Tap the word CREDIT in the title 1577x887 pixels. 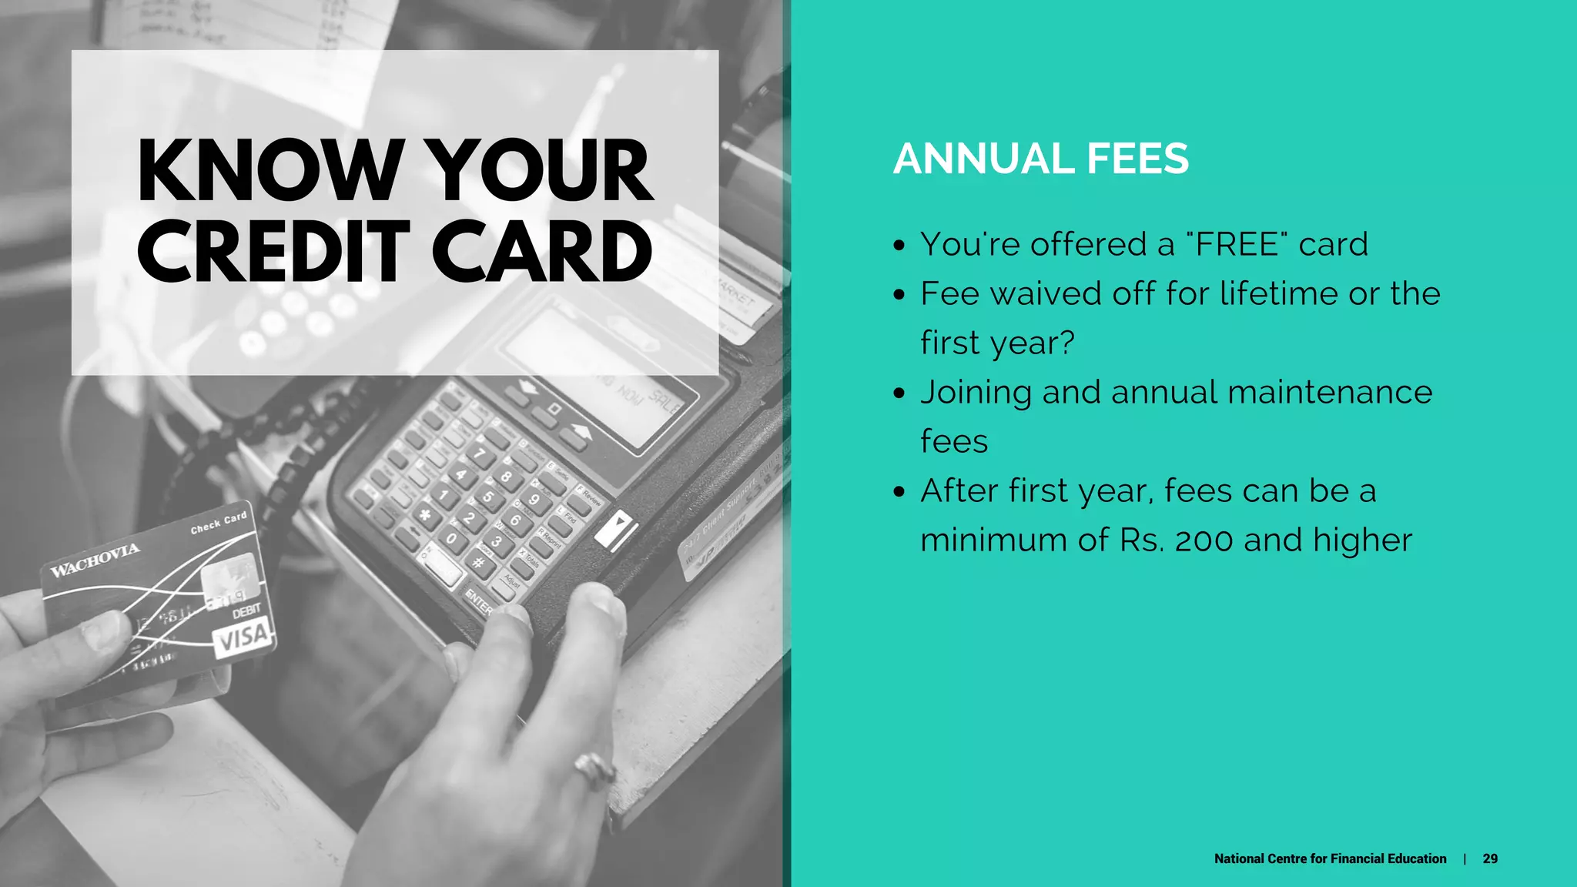coord(273,252)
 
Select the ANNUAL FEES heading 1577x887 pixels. coord(1040,159)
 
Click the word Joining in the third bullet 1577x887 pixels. coord(975,393)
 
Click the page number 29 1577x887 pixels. coord(1490,859)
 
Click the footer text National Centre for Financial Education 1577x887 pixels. coord(1330,859)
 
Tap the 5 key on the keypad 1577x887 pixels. coord(487,497)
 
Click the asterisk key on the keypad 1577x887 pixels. coord(424,514)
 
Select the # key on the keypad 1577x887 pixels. coord(479,563)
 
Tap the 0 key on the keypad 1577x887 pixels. coord(452,538)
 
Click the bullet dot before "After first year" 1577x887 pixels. coord(899,492)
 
